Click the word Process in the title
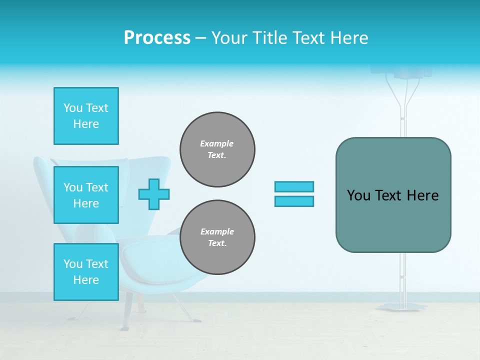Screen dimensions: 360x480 point(157,38)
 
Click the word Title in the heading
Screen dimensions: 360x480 point(270,38)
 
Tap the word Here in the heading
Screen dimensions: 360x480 point(348,38)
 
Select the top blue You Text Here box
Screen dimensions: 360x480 point(86,116)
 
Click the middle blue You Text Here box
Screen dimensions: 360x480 point(86,195)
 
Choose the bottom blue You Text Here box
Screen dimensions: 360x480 point(86,271)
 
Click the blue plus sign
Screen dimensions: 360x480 point(154,194)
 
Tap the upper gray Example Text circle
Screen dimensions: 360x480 point(217,149)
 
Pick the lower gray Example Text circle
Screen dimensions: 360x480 point(217,237)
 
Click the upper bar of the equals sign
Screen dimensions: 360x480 point(294,186)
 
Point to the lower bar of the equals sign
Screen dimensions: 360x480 point(294,201)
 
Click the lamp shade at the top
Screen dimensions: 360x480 point(413,71)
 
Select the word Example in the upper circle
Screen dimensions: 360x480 point(217,143)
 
